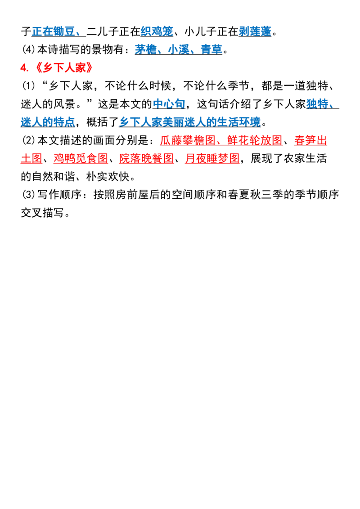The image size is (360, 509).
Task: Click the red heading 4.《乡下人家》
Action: click(57, 67)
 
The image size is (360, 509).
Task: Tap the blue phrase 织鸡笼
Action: click(157, 31)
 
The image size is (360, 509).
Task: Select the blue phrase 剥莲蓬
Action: click(255, 31)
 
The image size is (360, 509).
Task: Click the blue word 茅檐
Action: click(146, 49)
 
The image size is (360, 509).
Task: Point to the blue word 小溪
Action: click(179, 49)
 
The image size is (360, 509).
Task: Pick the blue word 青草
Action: click(211, 49)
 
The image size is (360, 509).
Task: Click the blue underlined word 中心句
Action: click(169, 104)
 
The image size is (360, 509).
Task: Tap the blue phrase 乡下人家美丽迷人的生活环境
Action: click(190, 122)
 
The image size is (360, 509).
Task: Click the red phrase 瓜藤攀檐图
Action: click(188, 140)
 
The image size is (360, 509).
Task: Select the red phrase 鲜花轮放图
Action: click(255, 140)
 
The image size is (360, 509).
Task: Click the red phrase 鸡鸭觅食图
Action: click(81, 158)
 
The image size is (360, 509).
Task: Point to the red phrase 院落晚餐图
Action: click(147, 158)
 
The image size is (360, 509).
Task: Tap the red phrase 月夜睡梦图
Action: click(212, 158)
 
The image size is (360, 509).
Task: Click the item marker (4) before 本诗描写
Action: click(28, 49)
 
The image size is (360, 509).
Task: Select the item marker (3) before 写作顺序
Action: click(28, 194)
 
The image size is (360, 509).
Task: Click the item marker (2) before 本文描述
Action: click(28, 140)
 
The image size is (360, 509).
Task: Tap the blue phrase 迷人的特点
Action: click(48, 122)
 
